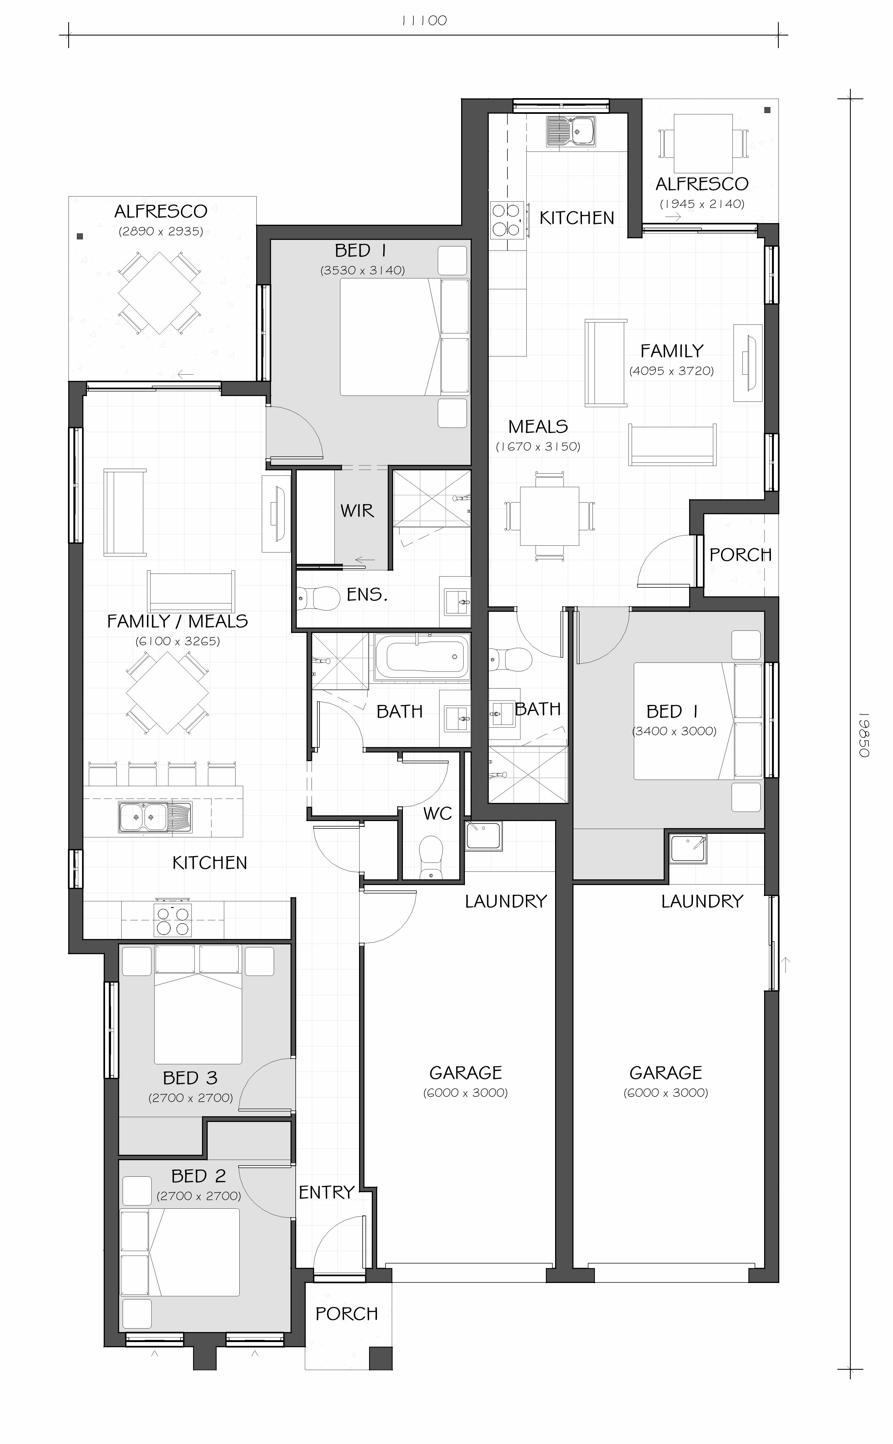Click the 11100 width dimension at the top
(424, 21)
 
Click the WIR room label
(357, 511)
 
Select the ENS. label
(367, 595)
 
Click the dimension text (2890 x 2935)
(161, 231)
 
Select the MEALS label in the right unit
(538, 427)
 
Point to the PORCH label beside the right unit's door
(741, 555)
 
